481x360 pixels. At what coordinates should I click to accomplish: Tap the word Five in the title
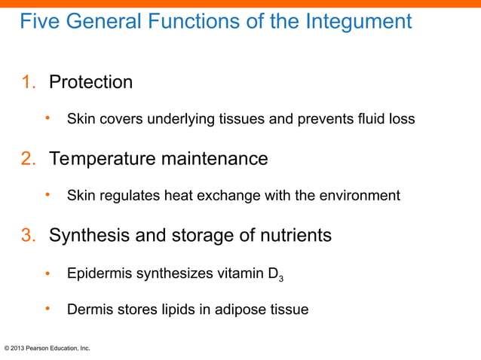(40, 22)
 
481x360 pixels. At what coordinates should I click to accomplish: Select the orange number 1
(26, 82)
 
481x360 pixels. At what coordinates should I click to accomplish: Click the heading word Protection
(90, 82)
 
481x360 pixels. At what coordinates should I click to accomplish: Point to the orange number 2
(26, 159)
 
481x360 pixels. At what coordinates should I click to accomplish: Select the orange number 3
(26, 236)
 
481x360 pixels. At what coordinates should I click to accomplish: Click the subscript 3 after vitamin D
(281, 278)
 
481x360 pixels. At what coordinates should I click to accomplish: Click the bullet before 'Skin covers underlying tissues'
(47, 118)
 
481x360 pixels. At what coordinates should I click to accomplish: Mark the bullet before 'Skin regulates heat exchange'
(47, 195)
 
